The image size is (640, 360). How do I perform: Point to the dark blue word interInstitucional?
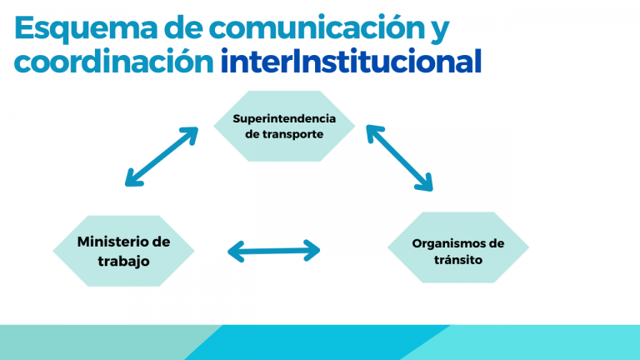pos(351,62)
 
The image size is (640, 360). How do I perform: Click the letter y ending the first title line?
pos(439,32)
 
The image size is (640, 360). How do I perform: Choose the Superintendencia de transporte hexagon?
pos(284,126)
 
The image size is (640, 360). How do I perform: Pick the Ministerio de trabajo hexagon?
pos(123,251)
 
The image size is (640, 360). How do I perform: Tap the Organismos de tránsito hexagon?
pos(458,251)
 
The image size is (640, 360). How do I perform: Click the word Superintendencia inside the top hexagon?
pos(284,117)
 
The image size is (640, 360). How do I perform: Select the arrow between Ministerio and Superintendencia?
pos(162,156)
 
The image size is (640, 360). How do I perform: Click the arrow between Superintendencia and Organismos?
pos(399,157)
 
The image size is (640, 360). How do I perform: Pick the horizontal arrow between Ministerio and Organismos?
pos(274,250)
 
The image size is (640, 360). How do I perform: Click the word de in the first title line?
pos(187,28)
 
